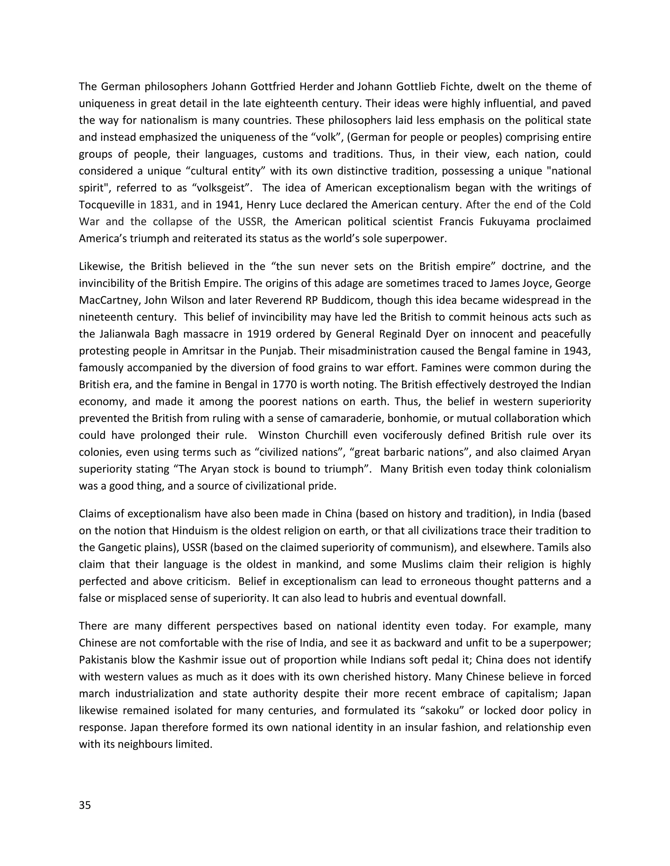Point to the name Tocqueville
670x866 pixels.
(108, 205)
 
